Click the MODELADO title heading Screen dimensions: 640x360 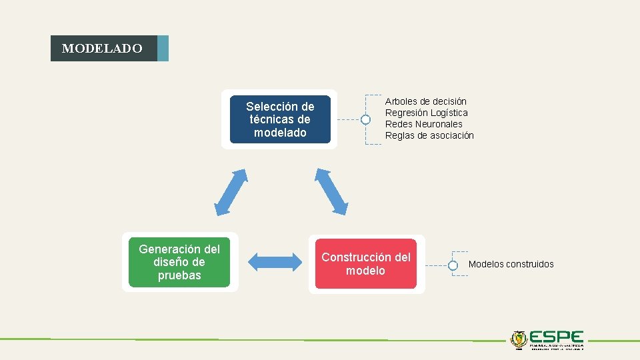point(102,49)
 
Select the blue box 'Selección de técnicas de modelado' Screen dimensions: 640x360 point(280,119)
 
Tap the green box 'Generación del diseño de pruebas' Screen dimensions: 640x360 point(179,262)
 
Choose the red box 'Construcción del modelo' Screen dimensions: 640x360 point(366,264)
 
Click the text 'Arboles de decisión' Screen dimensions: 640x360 point(426,101)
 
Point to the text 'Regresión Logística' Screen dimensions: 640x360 point(427,113)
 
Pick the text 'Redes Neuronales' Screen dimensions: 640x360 point(424,124)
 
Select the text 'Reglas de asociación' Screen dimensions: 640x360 point(429,135)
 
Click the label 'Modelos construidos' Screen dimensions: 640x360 point(511,264)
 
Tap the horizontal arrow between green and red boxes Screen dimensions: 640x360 point(275,261)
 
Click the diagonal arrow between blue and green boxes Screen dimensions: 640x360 point(231,192)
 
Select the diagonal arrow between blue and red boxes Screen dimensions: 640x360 point(331,192)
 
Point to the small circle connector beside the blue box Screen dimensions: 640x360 point(365,120)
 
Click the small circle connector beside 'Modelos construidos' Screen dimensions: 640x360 point(453,265)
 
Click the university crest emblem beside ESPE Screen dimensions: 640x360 point(519,339)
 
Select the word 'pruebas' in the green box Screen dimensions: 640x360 point(179,275)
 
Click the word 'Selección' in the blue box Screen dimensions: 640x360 point(271,107)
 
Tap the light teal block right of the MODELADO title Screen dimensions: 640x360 point(163,49)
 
